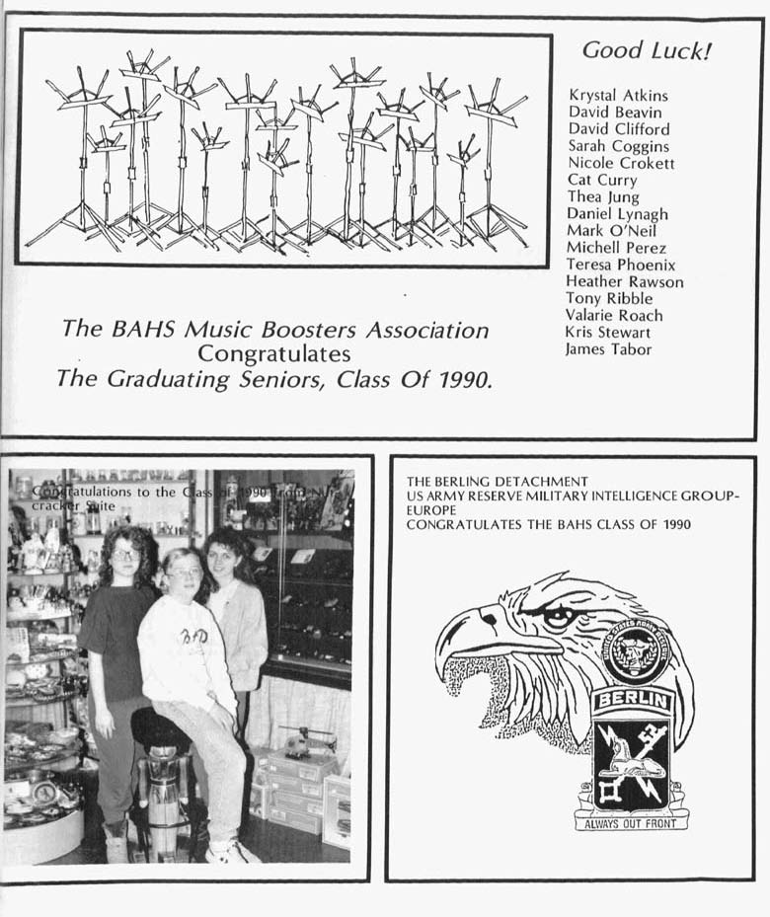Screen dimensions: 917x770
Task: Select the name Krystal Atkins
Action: click(618, 96)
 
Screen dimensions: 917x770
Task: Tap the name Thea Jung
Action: click(602, 197)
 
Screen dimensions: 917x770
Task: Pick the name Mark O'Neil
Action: click(609, 231)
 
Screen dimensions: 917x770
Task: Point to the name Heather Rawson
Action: click(624, 281)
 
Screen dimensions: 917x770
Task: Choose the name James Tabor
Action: click(608, 348)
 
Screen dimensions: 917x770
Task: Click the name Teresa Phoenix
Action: click(620, 265)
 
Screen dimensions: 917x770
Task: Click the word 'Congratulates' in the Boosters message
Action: click(273, 352)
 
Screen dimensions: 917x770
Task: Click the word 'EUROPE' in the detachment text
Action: click(430, 510)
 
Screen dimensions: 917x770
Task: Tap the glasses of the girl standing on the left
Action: click(126, 555)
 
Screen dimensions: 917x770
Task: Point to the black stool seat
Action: click(158, 727)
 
